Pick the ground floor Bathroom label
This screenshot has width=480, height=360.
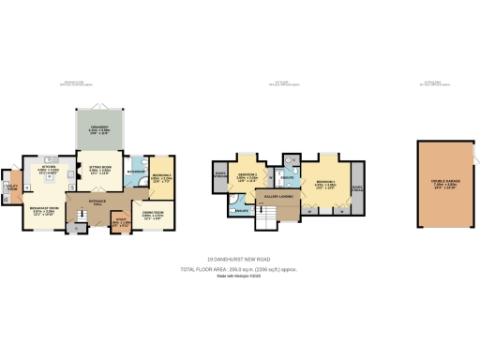(x=135, y=172)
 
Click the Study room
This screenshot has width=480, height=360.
(x=120, y=222)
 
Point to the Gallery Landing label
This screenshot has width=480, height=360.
(x=278, y=198)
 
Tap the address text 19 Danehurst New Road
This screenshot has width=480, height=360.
(x=239, y=260)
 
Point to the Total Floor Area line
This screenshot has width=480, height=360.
(x=239, y=269)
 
